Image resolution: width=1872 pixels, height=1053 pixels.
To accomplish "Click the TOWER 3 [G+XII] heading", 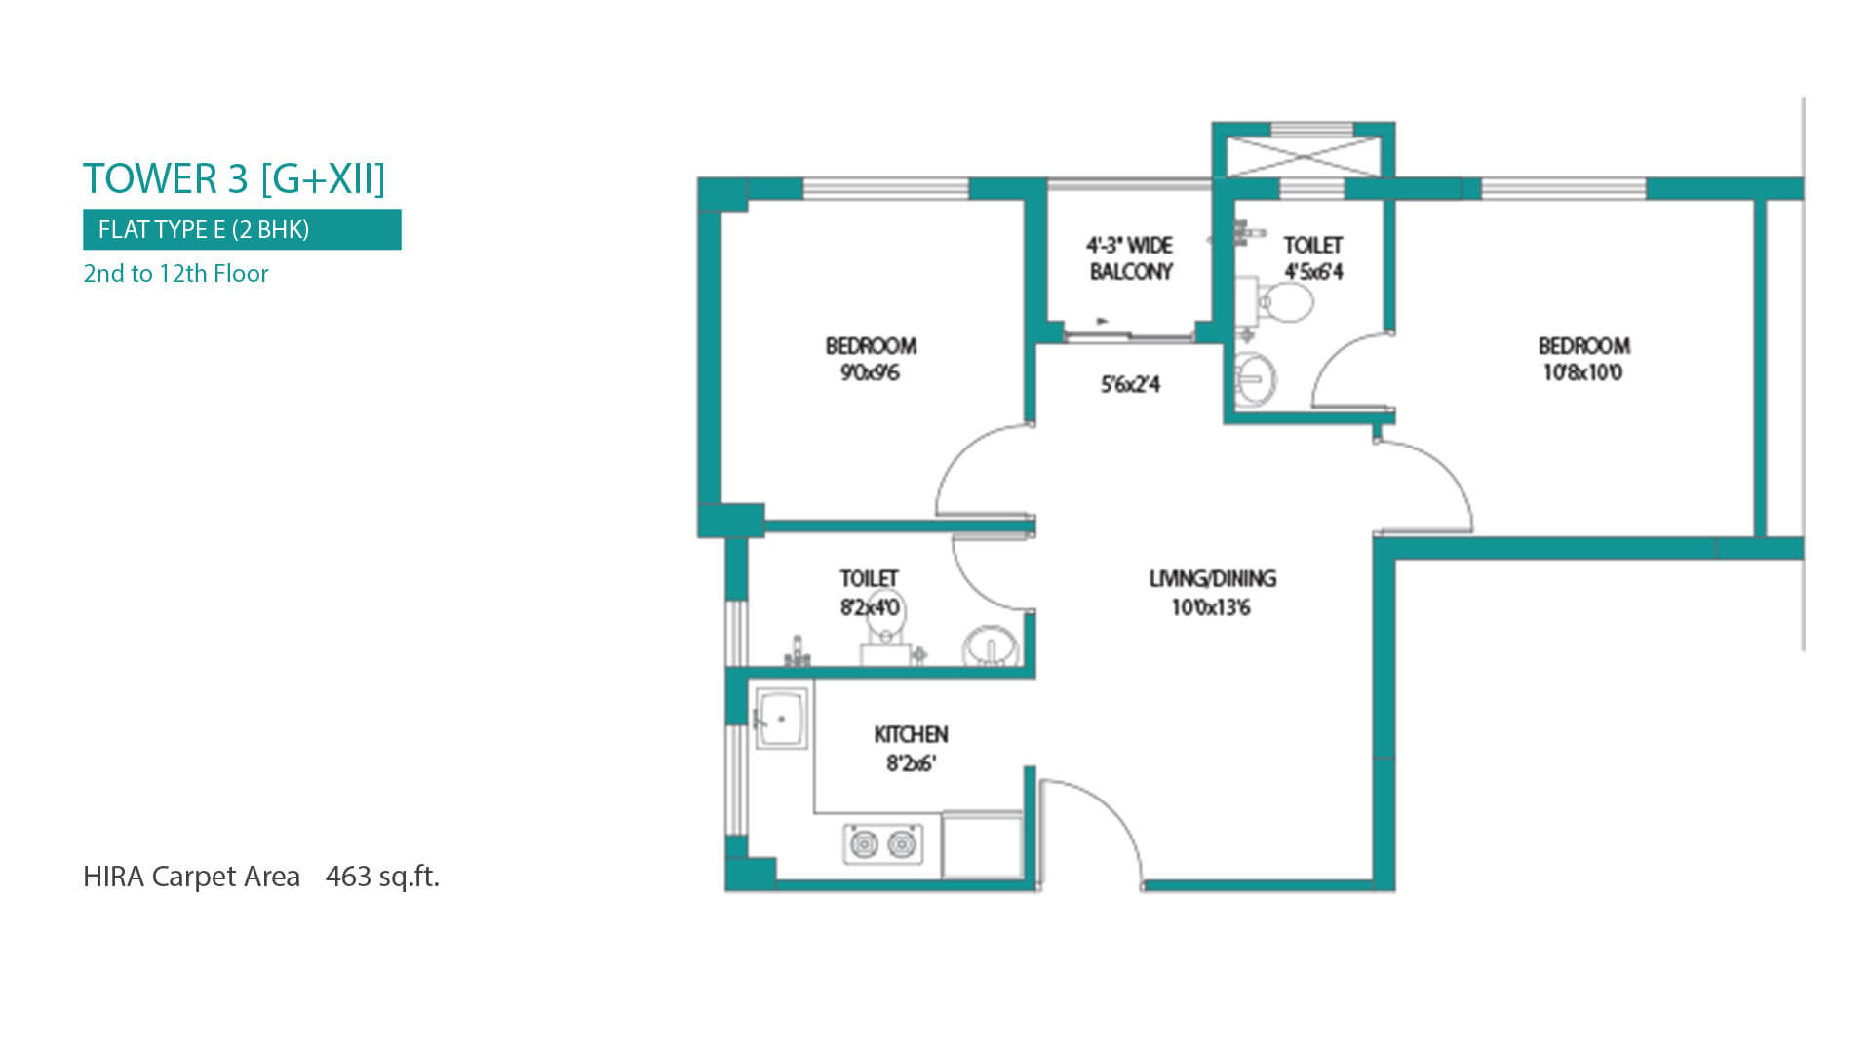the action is tap(234, 179).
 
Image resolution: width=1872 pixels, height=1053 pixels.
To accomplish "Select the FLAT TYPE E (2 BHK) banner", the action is tap(242, 229).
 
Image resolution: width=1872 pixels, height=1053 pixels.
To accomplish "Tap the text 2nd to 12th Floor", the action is tap(175, 273).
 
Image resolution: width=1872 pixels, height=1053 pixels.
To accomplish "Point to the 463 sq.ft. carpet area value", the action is tap(382, 877).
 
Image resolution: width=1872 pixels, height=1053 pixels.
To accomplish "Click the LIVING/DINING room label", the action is tap(1212, 578).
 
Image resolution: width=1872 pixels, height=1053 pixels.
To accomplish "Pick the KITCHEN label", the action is tap(911, 734).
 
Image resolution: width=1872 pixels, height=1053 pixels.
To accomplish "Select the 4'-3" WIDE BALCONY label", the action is tap(1130, 258).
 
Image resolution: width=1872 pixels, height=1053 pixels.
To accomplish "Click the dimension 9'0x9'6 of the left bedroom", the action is tap(870, 372).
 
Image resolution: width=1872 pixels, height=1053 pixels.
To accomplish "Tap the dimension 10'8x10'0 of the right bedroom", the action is tap(1582, 372).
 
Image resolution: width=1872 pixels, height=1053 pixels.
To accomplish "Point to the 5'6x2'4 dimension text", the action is tap(1130, 384).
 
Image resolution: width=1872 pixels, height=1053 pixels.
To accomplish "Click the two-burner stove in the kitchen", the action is tap(882, 843).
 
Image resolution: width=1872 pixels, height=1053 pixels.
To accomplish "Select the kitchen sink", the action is tap(781, 719).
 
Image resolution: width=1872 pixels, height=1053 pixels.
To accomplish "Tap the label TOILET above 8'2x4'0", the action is tap(869, 578).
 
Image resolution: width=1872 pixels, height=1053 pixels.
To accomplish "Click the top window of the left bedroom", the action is tap(885, 188).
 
